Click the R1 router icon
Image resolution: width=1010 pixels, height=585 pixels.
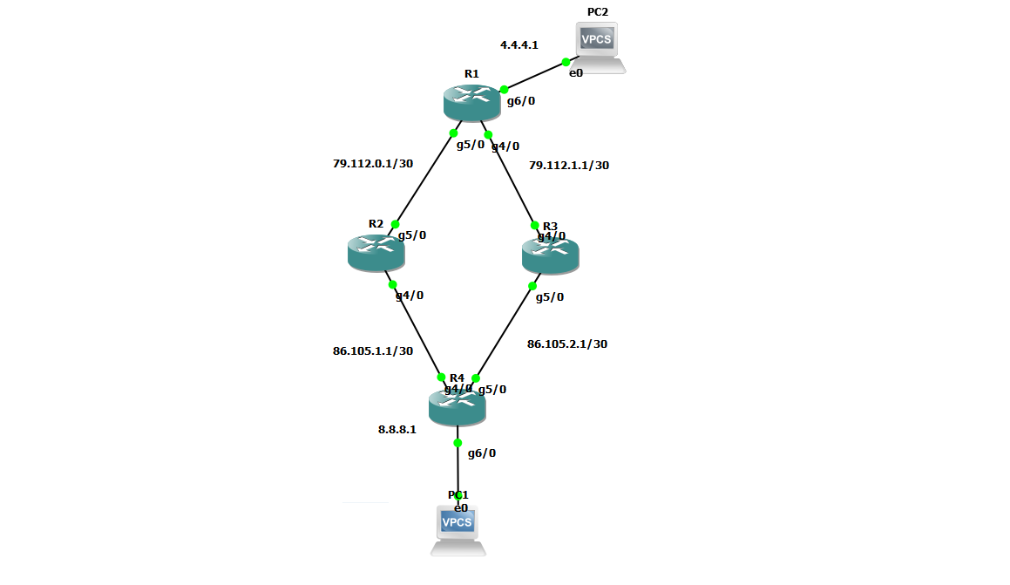pos(471,103)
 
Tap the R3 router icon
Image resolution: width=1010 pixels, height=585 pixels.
pos(550,254)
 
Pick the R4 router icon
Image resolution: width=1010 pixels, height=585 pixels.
pos(457,407)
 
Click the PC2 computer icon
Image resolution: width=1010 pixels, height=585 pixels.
pos(599,46)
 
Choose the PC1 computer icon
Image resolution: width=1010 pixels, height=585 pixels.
pos(458,528)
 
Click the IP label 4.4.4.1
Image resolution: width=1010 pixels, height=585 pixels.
pos(519,44)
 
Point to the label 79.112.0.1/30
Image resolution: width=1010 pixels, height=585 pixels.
pos(372,163)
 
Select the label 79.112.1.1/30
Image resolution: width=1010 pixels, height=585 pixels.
pos(569,165)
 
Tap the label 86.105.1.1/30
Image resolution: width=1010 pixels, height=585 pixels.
pos(373,351)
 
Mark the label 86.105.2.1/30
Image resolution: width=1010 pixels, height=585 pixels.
pos(567,344)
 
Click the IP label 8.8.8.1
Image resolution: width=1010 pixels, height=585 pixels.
pos(397,429)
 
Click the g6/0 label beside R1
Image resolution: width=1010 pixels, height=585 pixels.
pos(521,101)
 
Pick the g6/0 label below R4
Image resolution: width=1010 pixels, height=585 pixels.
pos(482,453)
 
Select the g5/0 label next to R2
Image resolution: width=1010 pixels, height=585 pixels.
pos(412,235)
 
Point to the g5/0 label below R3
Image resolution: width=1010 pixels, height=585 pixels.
pos(550,297)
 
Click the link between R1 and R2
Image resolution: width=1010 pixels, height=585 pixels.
pos(424,179)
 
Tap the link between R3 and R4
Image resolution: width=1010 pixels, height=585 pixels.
pos(505,331)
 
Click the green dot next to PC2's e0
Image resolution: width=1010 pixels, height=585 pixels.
pos(566,62)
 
